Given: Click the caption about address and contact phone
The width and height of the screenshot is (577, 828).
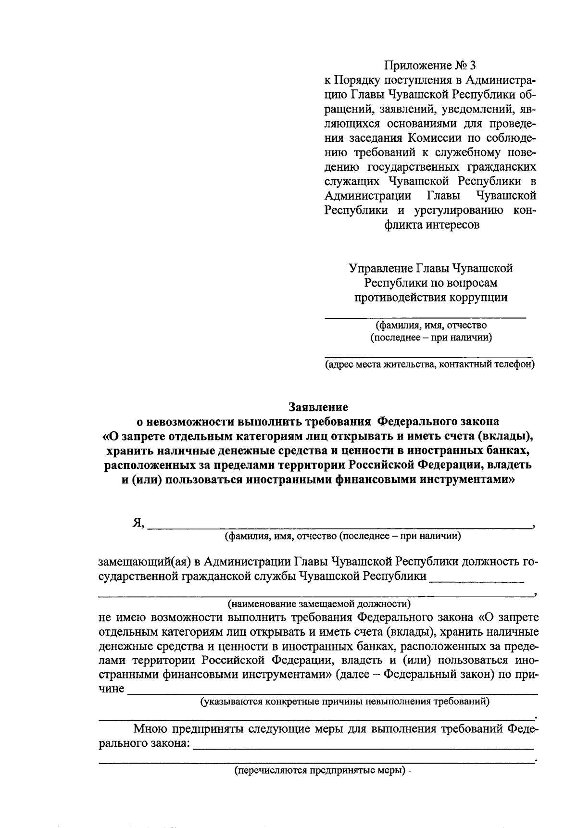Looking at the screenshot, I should click(x=429, y=364).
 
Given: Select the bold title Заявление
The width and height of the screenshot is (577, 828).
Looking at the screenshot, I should click(x=318, y=407).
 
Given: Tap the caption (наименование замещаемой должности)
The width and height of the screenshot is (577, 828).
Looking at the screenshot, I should click(x=319, y=603).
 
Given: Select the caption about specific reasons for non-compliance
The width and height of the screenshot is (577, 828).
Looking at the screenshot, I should click(x=345, y=701).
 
